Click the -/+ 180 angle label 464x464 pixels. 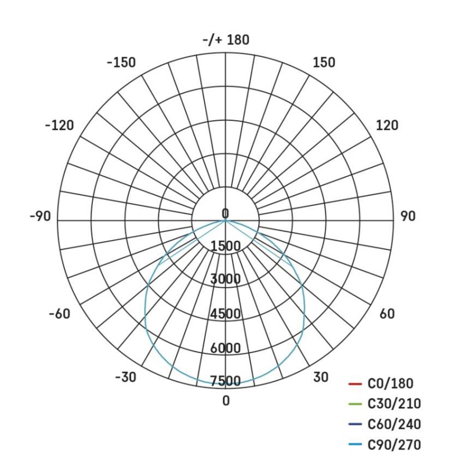(226, 40)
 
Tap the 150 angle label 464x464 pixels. (324, 63)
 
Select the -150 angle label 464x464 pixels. (121, 63)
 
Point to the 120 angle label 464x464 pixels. (387, 125)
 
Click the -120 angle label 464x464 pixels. (60, 125)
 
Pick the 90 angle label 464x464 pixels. (408, 216)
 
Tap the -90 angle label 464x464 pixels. (40, 216)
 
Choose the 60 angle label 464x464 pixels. (387, 314)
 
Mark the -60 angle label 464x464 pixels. (59, 314)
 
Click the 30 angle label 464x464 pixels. (321, 377)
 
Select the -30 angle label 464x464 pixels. (125, 377)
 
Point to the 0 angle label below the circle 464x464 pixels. (226, 401)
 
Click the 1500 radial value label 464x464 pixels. (226, 246)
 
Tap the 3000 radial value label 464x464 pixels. (226, 280)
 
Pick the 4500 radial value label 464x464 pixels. (226, 314)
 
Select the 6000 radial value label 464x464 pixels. (226, 348)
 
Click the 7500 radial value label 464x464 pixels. (226, 381)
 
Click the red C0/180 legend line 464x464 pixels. (355, 384)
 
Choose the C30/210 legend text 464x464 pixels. (394, 404)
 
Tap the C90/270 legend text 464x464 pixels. (394, 445)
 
